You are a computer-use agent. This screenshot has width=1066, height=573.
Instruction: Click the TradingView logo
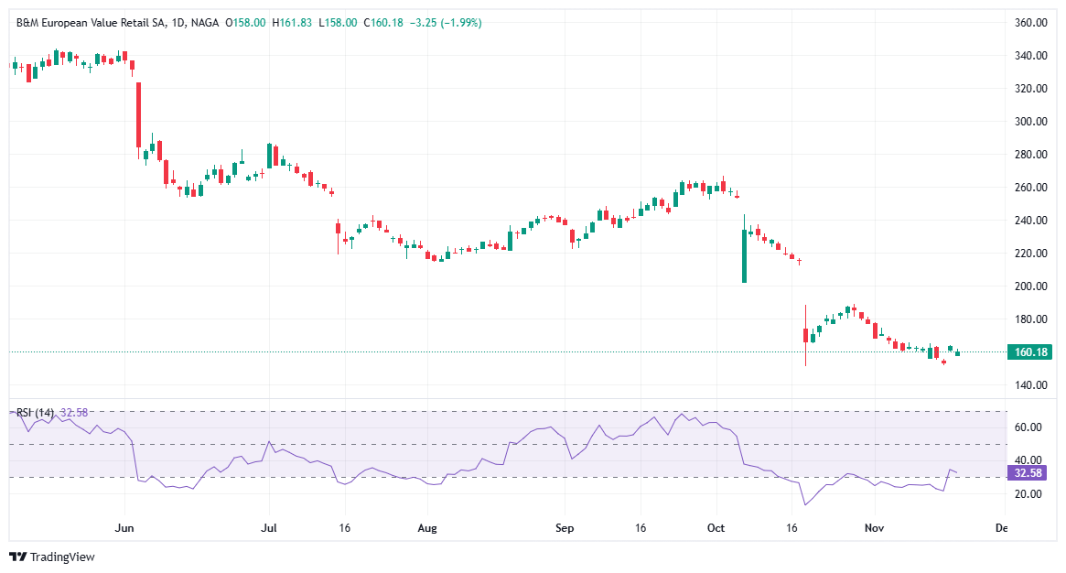pyautogui.click(x=52, y=557)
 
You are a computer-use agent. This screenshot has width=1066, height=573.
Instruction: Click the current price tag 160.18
pyautogui.click(x=1029, y=352)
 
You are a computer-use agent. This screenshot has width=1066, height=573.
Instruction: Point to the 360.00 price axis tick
pyautogui.click(x=1029, y=23)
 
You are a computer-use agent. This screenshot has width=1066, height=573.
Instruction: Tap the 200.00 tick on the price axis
pyautogui.click(x=1029, y=286)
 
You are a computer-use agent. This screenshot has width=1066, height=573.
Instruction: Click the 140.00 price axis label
pyautogui.click(x=1029, y=385)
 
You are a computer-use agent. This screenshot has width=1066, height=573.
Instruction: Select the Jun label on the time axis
pyautogui.click(x=125, y=529)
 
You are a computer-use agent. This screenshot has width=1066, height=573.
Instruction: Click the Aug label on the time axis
pyautogui.click(x=427, y=529)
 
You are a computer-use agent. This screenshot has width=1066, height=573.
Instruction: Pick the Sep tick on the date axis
pyautogui.click(x=565, y=529)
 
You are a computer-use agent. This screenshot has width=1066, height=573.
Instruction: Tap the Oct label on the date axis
pyautogui.click(x=716, y=529)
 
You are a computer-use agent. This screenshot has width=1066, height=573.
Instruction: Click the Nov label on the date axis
pyautogui.click(x=874, y=529)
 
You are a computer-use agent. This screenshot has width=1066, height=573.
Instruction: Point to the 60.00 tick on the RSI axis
pyautogui.click(x=1029, y=427)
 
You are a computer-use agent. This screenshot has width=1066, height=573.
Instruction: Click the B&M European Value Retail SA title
pyautogui.click(x=92, y=22)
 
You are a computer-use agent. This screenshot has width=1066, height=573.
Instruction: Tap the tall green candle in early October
pyautogui.click(x=744, y=255)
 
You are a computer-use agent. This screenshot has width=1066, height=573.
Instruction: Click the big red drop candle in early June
pyautogui.click(x=138, y=114)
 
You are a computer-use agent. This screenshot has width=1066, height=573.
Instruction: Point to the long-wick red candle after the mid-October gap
pyautogui.click(x=805, y=335)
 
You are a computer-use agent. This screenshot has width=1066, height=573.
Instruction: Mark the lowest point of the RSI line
pyautogui.click(x=805, y=504)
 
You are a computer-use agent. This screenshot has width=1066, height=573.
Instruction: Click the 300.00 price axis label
pyautogui.click(x=1029, y=122)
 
